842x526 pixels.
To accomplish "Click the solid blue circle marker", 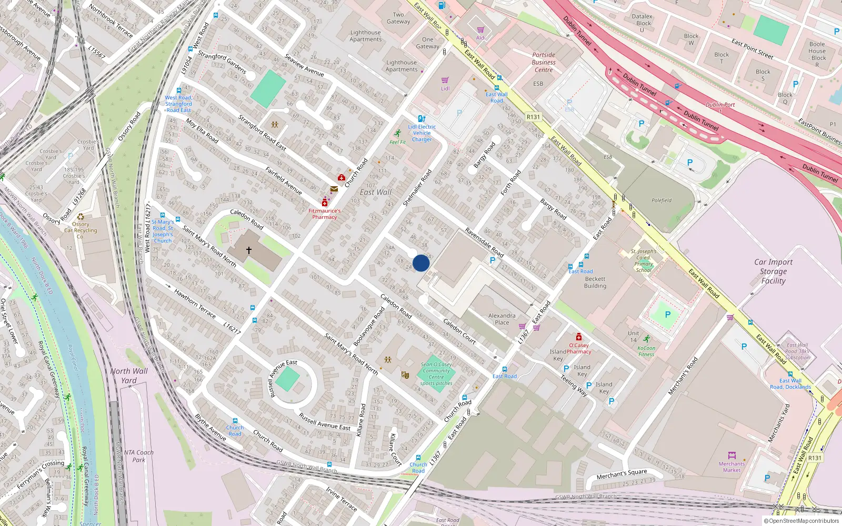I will pos(421,263).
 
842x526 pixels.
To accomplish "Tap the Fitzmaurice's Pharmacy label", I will pos(324,214).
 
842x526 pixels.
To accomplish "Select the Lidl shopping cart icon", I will pos(445,80).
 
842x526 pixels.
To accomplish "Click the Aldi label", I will pos(481,38).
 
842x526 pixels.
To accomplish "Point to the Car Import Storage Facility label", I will pos(773,271).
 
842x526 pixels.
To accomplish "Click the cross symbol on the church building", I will pos(249,250).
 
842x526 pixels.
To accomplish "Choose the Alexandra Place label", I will pos(502,319).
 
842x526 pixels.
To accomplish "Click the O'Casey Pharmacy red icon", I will pos(579,337).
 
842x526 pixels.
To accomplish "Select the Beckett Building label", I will pos(595,282).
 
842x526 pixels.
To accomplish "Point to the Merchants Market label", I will pos(731,467).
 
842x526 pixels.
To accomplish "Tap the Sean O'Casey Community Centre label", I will pos(436,373).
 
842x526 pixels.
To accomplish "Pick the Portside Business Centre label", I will pos(544,62).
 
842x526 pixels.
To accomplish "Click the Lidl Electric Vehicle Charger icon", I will pos(422,119).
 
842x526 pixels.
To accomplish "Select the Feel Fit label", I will pos(398,142).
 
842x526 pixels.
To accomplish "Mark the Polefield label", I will pos(661,200).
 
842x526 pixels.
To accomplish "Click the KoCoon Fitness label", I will pos(646,351).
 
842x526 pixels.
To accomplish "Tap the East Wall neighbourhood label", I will pos(376,193).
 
